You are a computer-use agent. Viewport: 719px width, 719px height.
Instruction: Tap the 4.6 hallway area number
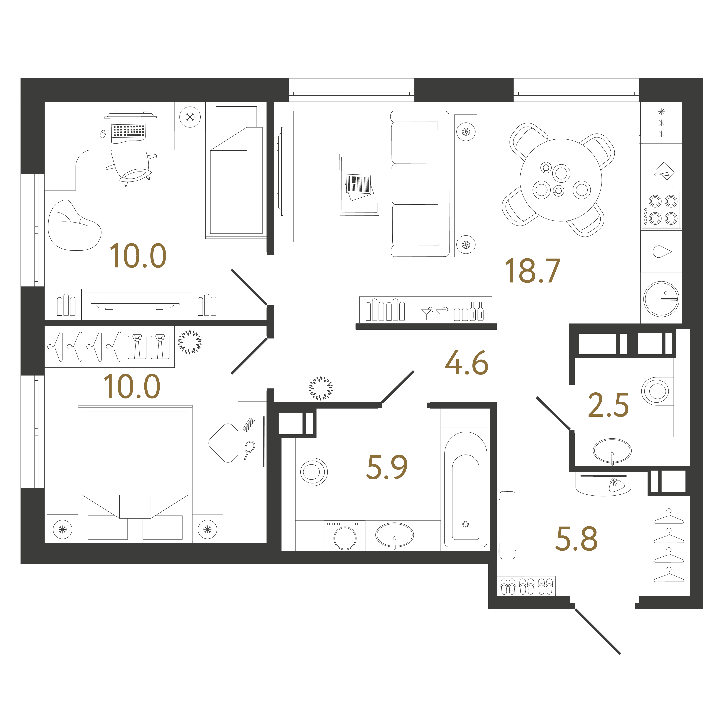[x=467, y=363]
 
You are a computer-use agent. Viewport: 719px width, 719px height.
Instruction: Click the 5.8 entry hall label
[x=576, y=538]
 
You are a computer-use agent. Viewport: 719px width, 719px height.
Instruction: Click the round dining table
[x=561, y=180]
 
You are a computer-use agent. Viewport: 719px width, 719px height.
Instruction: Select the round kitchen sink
[x=661, y=299]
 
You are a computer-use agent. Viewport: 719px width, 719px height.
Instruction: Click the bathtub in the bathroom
[x=465, y=489]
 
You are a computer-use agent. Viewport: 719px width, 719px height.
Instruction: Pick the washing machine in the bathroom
[x=345, y=535]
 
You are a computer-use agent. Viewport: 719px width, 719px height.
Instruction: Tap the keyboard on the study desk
[x=128, y=131]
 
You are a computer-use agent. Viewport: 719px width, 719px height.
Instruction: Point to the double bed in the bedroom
[x=135, y=473]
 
